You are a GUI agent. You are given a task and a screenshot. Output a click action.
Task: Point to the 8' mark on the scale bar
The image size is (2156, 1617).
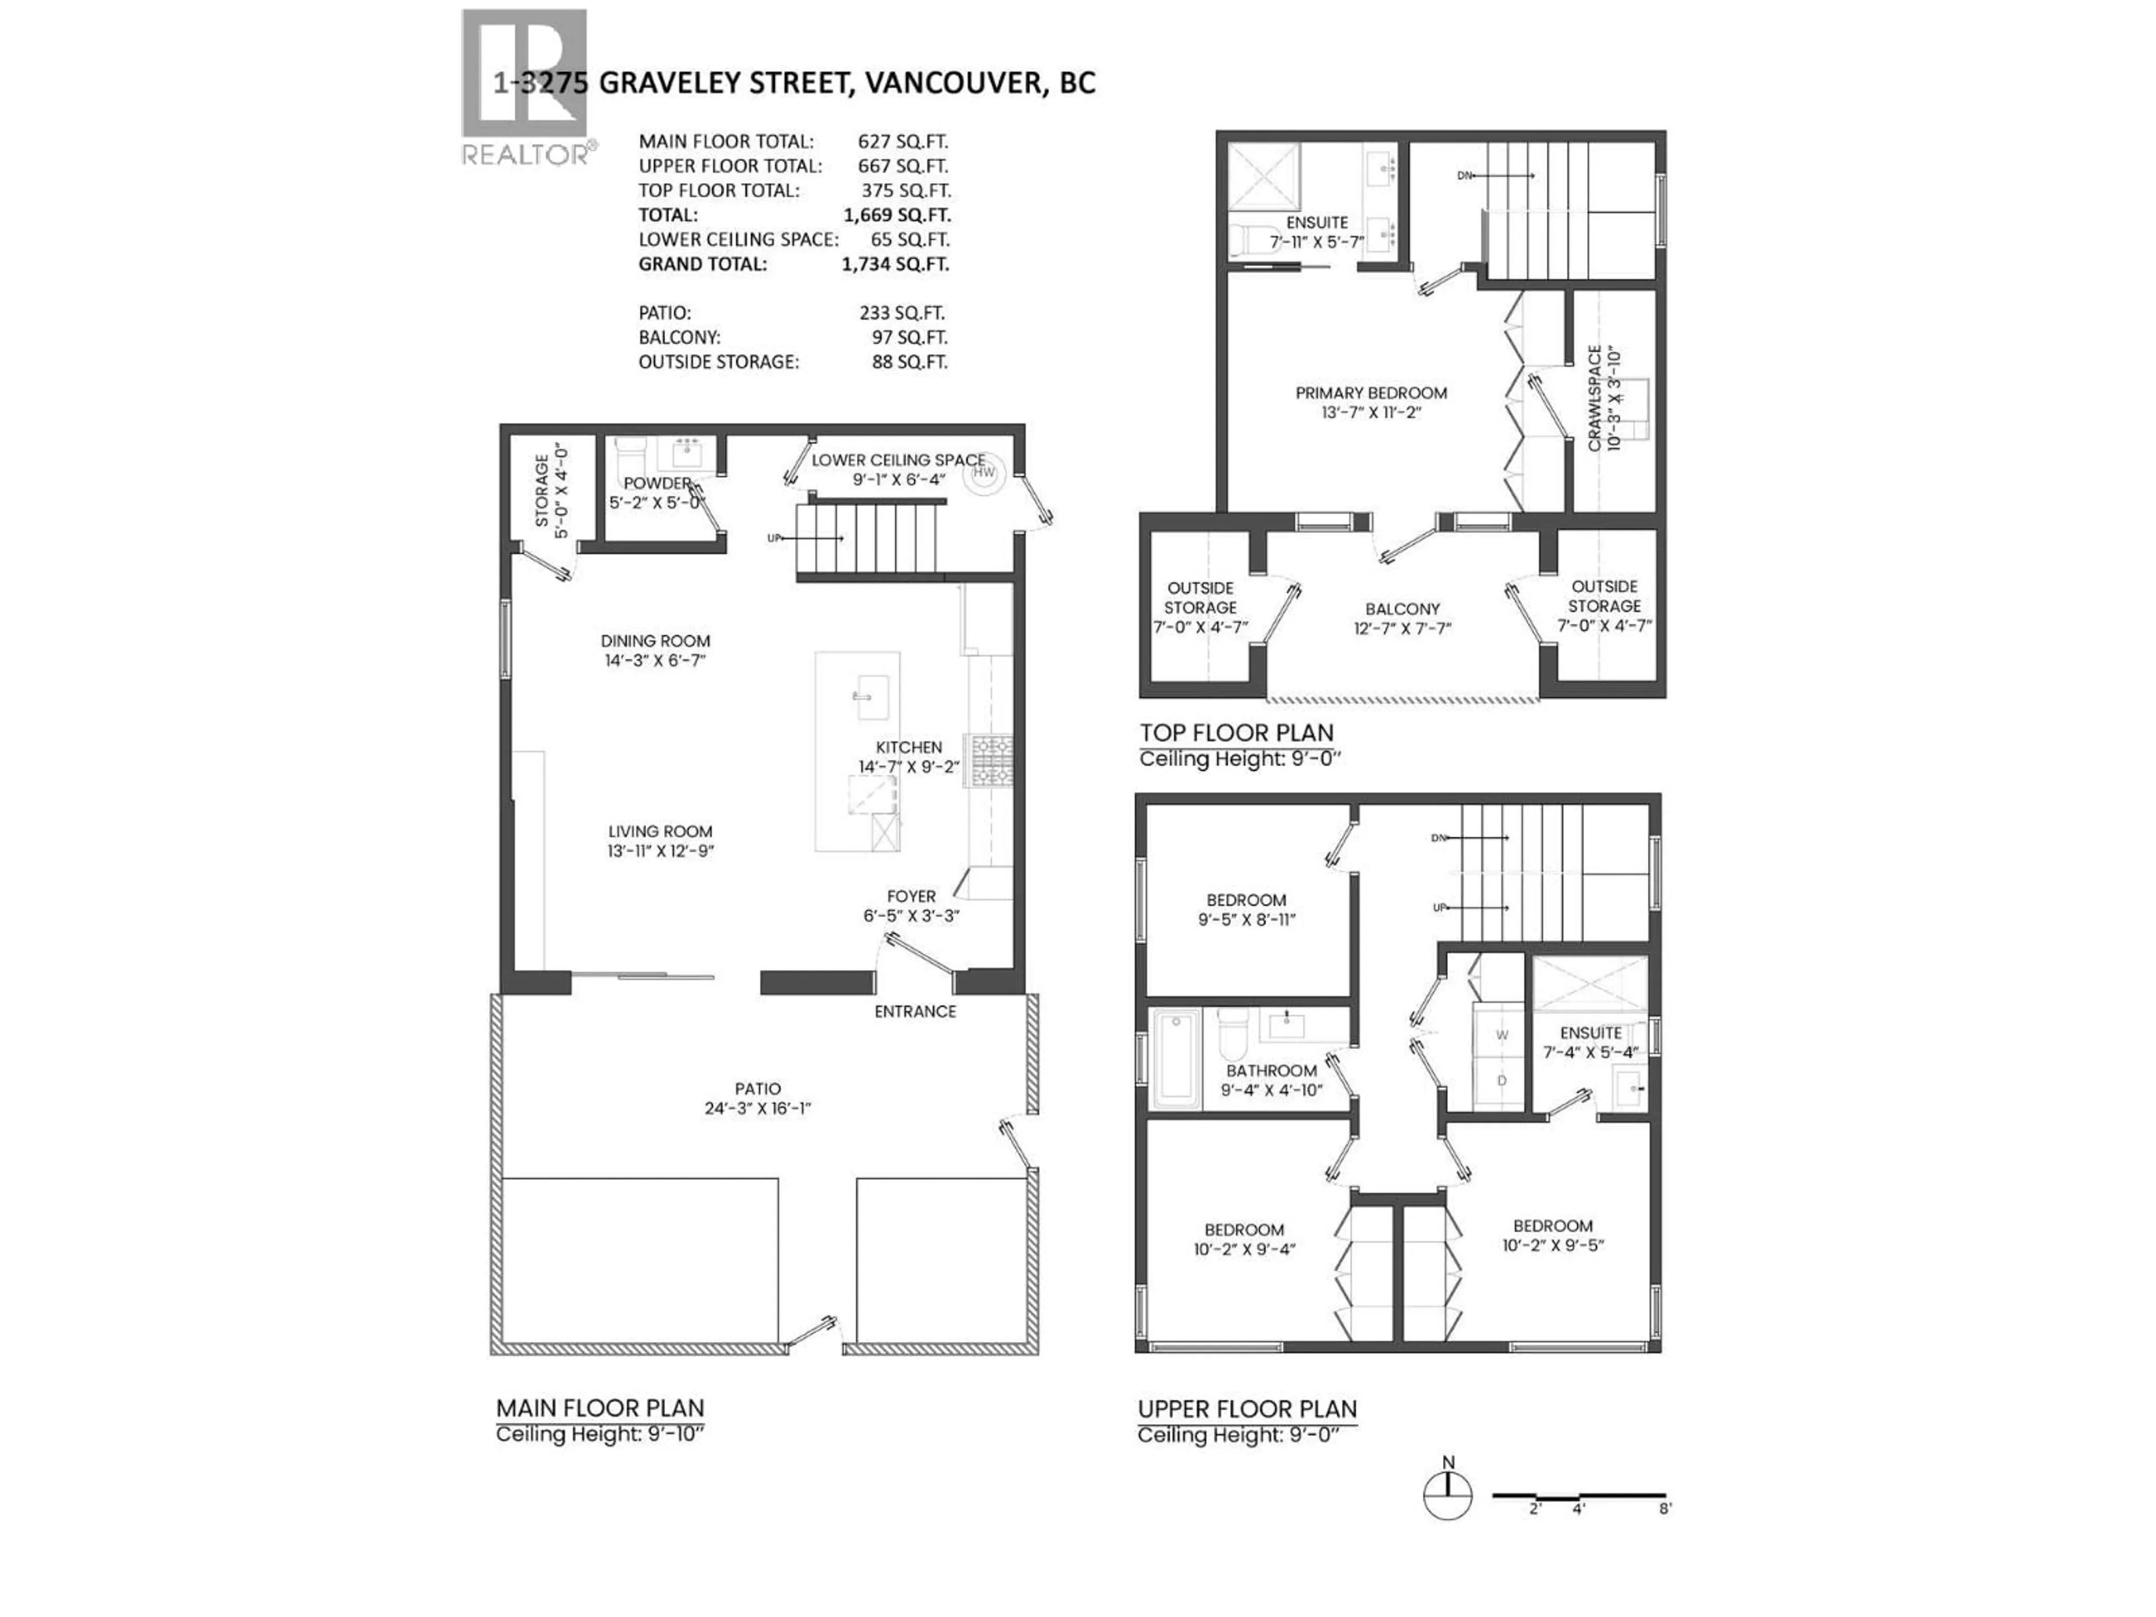1665,1509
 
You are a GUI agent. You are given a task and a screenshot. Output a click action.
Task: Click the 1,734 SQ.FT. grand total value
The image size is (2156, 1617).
895,264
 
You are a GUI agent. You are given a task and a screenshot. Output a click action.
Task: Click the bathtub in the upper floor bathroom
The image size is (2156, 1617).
1176,1059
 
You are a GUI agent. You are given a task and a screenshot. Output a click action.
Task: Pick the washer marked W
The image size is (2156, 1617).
1501,1035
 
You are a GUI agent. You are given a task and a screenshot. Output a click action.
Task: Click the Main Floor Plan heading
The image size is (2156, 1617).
600,1408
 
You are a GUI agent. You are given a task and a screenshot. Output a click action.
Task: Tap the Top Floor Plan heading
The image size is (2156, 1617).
1236,733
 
